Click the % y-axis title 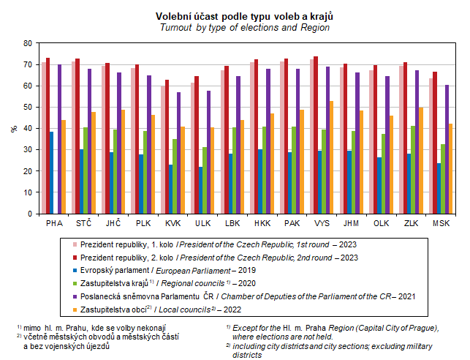13,129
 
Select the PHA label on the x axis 54,222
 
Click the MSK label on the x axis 441,222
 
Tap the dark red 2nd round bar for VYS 316,135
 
